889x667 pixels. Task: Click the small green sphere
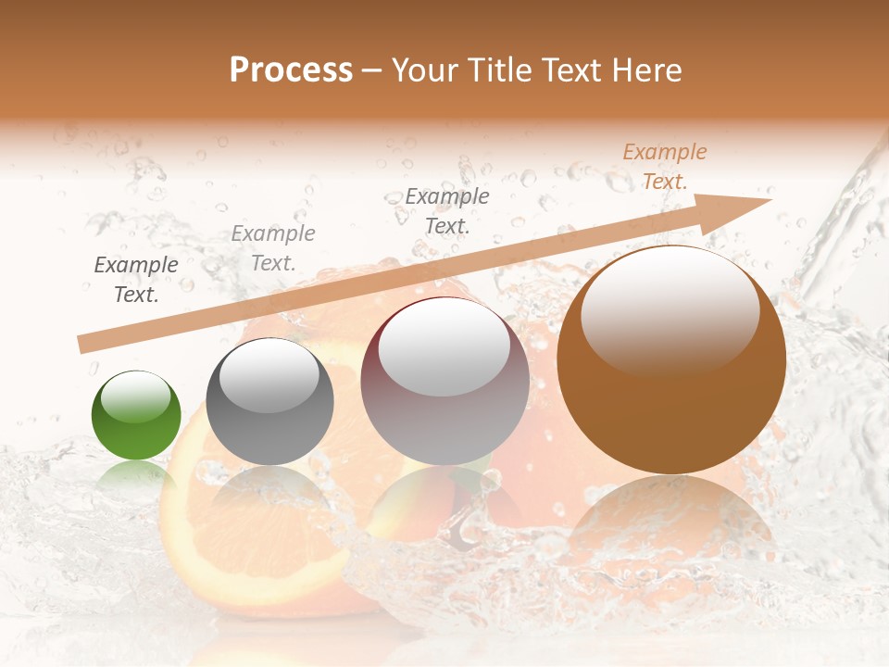pyautogui.click(x=136, y=416)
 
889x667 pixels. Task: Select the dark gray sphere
pyautogui.click(x=269, y=402)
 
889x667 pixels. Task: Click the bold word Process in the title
pyautogui.click(x=291, y=69)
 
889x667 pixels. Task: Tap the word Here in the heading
pyautogui.click(x=646, y=70)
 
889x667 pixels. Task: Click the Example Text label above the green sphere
pyautogui.click(x=136, y=280)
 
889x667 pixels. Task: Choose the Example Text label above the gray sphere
pyautogui.click(x=273, y=248)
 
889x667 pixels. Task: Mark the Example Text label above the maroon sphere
pyautogui.click(x=447, y=211)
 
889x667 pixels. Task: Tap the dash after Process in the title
pyautogui.click(x=371, y=70)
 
